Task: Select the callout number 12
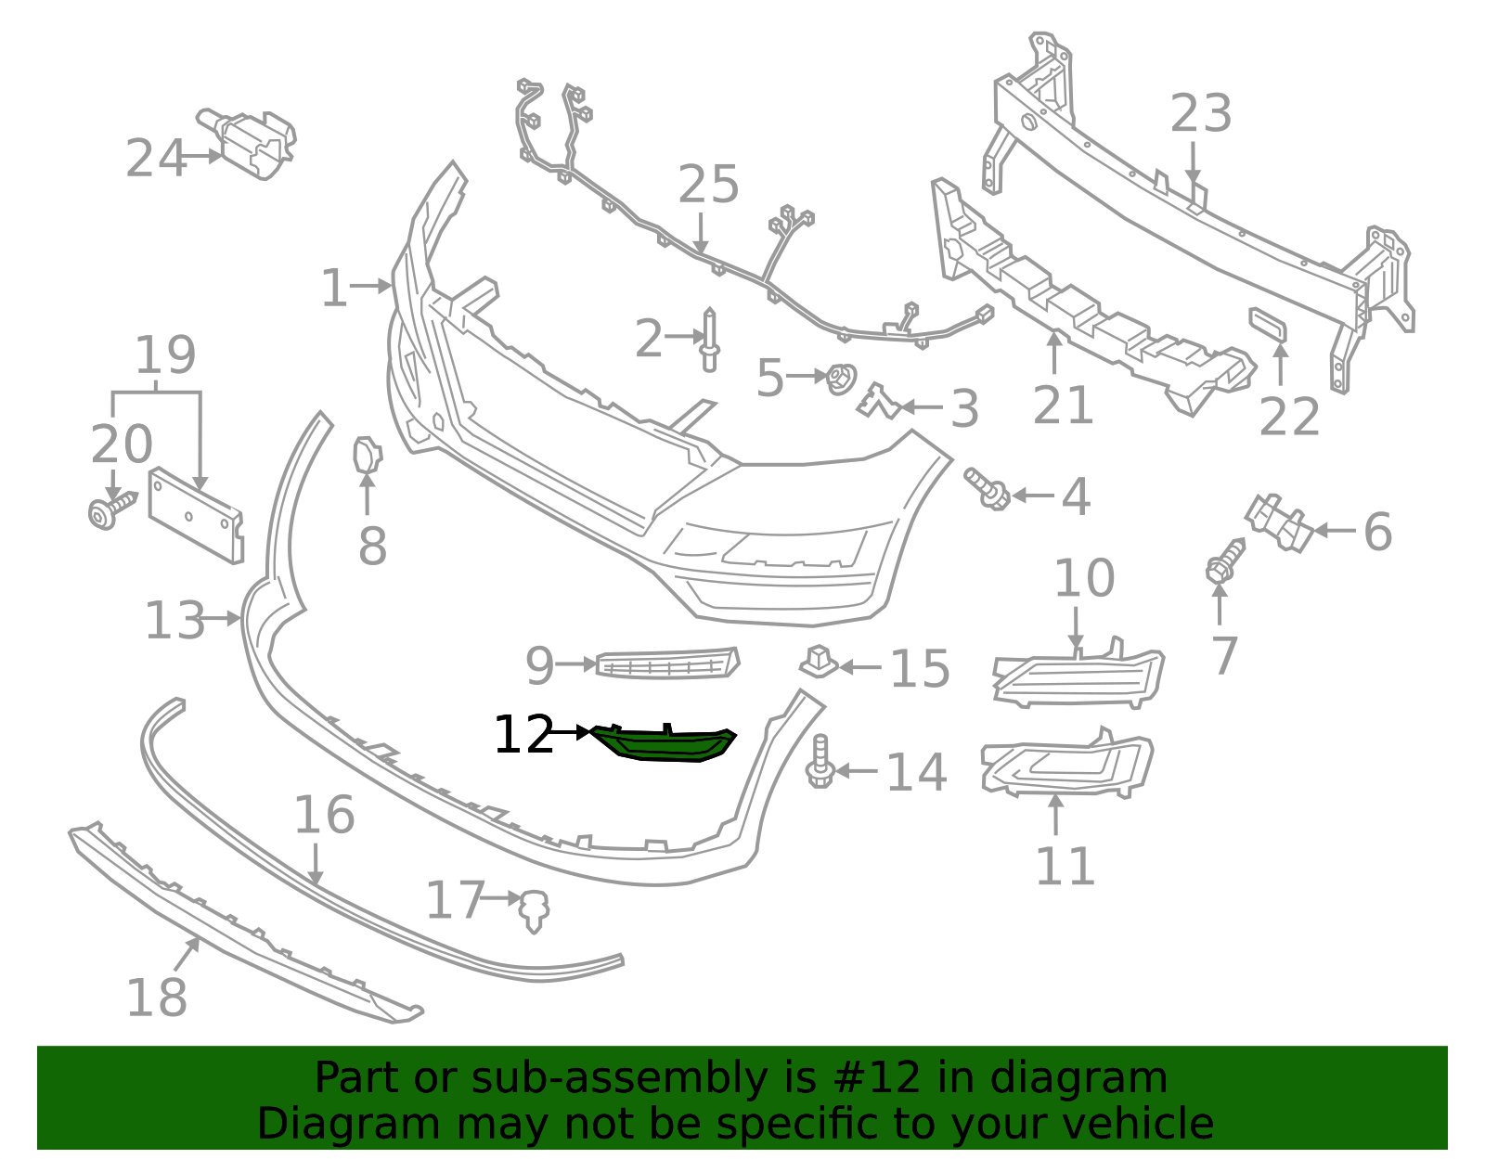pyautogui.click(x=523, y=735)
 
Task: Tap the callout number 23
pyautogui.click(x=1200, y=114)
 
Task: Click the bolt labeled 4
pyautogui.click(x=988, y=488)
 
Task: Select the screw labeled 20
pyautogui.click(x=109, y=510)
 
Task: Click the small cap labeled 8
pyautogui.click(x=367, y=454)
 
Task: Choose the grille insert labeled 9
pyautogui.click(x=666, y=663)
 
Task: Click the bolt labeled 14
pyautogui.click(x=820, y=763)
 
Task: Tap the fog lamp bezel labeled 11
pyautogui.click(x=1067, y=768)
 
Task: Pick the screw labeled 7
pyautogui.click(x=1223, y=562)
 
